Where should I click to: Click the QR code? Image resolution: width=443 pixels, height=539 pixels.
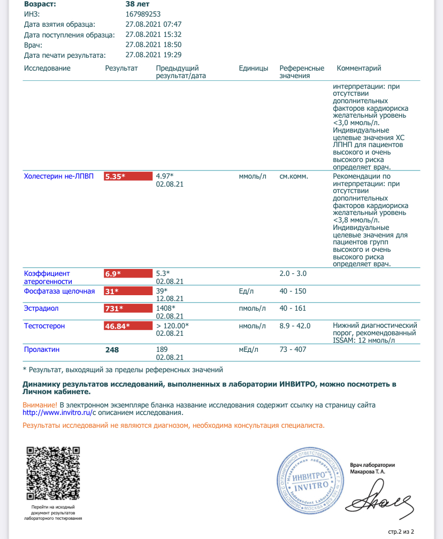tap(53, 473)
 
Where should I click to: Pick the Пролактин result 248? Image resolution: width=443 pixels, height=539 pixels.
tap(112, 350)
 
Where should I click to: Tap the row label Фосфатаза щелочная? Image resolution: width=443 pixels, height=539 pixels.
tap(59, 291)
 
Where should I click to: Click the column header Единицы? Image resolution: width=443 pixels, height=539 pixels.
tap(254, 68)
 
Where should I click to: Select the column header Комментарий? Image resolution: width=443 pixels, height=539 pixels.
tap(358, 68)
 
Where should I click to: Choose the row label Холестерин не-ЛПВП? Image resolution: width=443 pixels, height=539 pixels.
tap(59, 176)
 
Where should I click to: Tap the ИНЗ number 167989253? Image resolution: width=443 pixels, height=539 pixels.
tap(143, 14)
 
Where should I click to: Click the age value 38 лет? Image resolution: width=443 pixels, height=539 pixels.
tap(138, 4)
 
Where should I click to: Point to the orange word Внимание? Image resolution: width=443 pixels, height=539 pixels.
tap(40, 405)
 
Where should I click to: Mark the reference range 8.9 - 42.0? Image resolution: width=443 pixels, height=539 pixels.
tap(295, 326)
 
